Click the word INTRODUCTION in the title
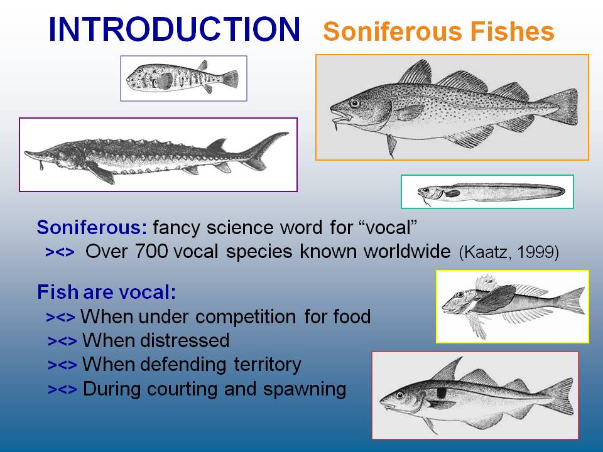coord(174,30)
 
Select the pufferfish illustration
coord(182,78)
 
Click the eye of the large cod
coord(354,102)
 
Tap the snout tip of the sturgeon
coord(26,153)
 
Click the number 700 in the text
coord(151,252)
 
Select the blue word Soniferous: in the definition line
coord(92,227)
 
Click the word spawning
coord(305,389)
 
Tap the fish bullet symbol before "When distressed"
coord(62,342)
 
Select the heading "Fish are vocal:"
coord(107,292)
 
